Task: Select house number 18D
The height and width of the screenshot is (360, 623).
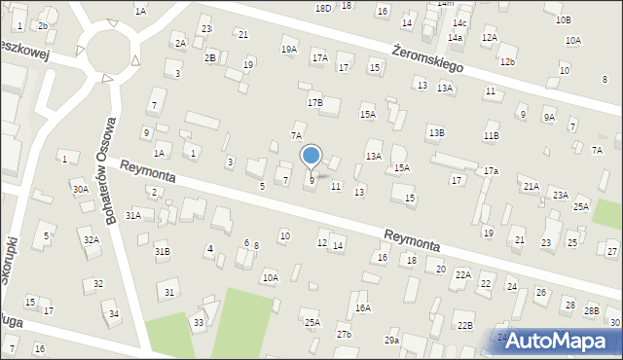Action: coord(323,8)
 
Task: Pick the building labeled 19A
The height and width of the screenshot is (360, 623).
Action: coord(288,49)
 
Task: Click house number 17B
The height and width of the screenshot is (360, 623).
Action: coord(314,102)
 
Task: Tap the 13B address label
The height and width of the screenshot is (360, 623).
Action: coord(436,131)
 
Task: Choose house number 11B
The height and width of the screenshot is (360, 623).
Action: coord(492,136)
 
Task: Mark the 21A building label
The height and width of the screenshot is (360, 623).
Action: coord(531,186)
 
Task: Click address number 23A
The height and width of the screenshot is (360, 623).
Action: coord(561,196)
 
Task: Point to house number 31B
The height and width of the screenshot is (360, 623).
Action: coord(163,251)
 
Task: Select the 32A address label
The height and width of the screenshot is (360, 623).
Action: coord(91,239)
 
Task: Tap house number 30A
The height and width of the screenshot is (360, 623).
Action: coord(80,189)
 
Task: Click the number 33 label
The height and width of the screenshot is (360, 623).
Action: coord(199,321)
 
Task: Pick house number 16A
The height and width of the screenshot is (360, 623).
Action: coord(363,307)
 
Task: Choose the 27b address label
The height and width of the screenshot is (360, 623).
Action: coord(344,335)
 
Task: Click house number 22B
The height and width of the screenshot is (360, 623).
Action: coord(465,325)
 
